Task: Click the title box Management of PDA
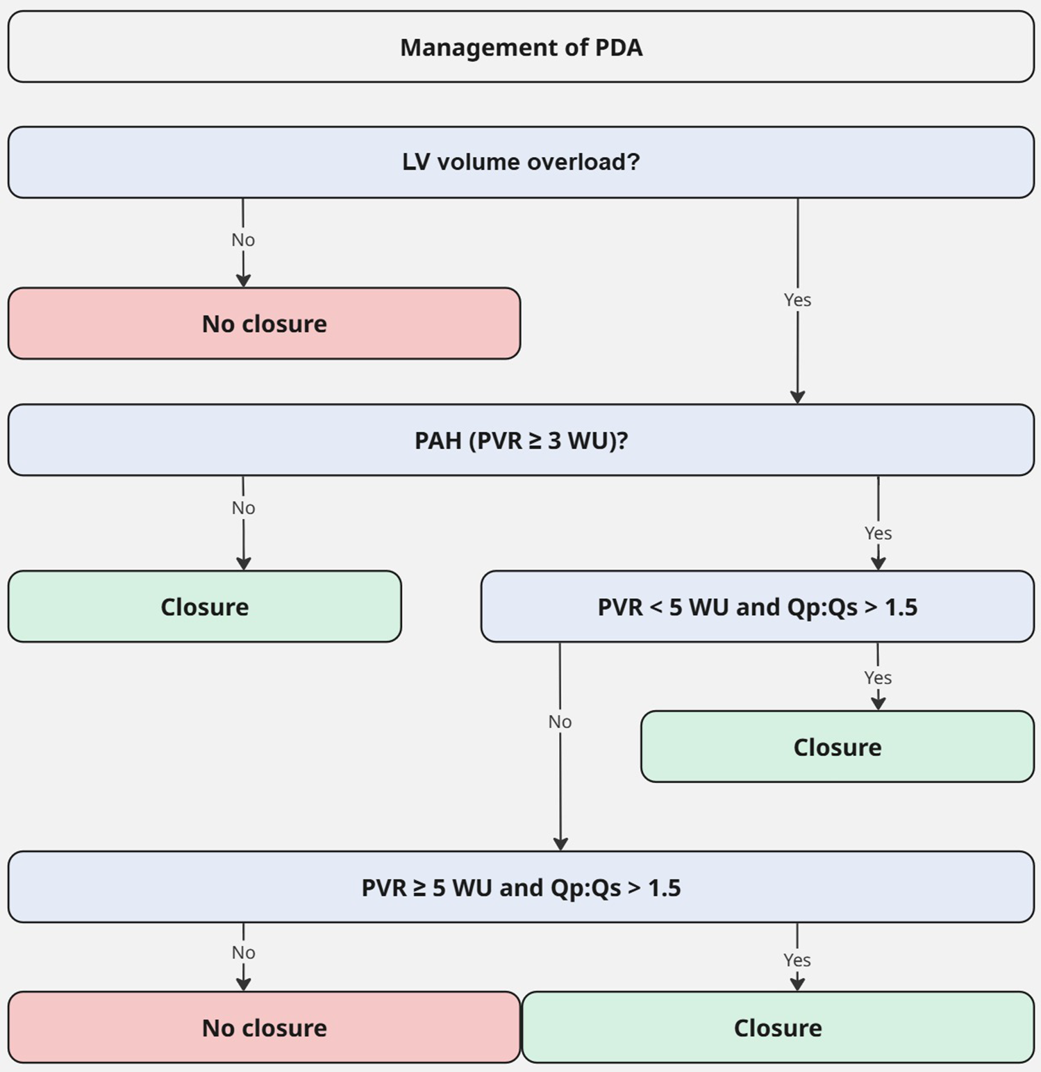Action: coord(521,47)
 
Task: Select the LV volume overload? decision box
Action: coord(521,162)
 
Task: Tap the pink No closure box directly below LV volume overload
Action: coord(264,324)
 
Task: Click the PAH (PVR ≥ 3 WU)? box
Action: coord(521,440)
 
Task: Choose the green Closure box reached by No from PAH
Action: coord(204,607)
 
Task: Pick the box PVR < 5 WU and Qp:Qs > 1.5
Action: coord(757,607)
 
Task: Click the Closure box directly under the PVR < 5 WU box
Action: coord(837,747)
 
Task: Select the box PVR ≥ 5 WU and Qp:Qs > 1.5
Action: coord(521,887)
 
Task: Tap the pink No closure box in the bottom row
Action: coord(264,1028)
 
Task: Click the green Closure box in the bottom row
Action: coord(778,1028)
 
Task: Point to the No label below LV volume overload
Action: coord(243,240)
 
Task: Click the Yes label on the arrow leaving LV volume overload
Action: coord(797,299)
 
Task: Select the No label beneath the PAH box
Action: coord(243,508)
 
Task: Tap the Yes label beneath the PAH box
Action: coord(878,533)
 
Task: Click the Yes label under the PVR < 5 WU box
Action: coord(878,677)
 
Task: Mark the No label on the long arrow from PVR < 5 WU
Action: coord(560,722)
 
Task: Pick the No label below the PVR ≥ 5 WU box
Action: coord(243,953)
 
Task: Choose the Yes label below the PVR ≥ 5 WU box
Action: coord(797,959)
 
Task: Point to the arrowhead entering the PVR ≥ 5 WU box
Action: coord(560,843)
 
